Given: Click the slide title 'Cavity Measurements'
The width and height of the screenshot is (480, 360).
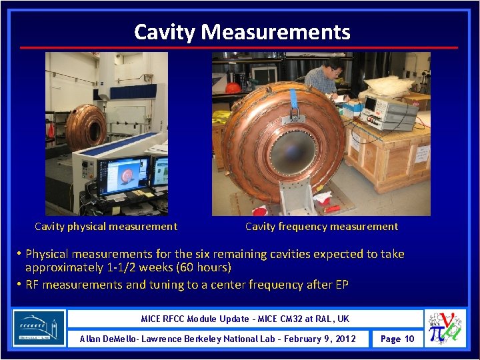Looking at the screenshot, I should [x=241, y=31].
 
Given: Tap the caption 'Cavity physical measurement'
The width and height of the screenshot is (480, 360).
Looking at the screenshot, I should [x=106, y=226].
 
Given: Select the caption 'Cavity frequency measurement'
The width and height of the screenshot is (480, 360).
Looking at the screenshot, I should [x=321, y=226].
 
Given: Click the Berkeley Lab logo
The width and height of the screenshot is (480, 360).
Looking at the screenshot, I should [x=39, y=328].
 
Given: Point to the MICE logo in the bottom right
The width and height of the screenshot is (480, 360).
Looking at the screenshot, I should [x=447, y=328].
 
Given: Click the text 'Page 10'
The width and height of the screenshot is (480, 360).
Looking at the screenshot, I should [x=397, y=339].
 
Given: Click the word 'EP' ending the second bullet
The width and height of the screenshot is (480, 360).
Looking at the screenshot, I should [x=341, y=285].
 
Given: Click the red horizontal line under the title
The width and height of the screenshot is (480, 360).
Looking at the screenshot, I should [x=239, y=47].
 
